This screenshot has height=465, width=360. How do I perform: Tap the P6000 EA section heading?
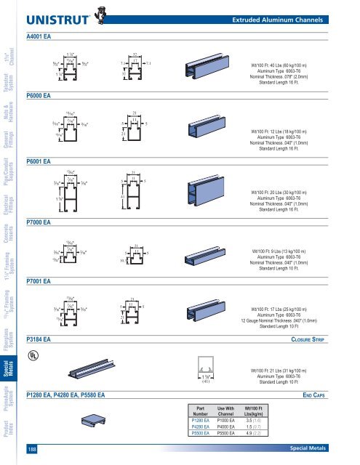(x=39, y=94)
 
